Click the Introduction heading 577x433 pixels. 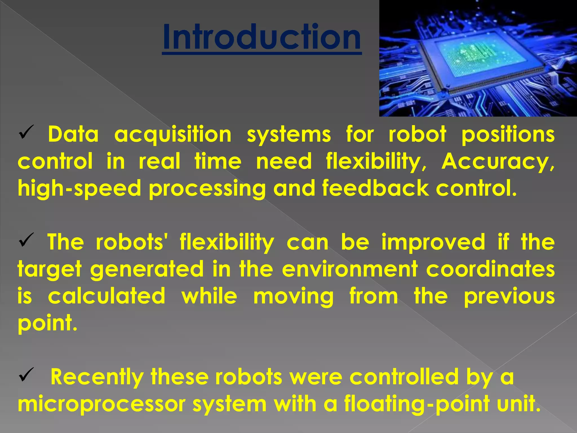click(262, 37)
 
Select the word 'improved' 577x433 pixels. click(433, 242)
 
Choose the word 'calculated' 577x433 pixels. click(106, 296)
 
